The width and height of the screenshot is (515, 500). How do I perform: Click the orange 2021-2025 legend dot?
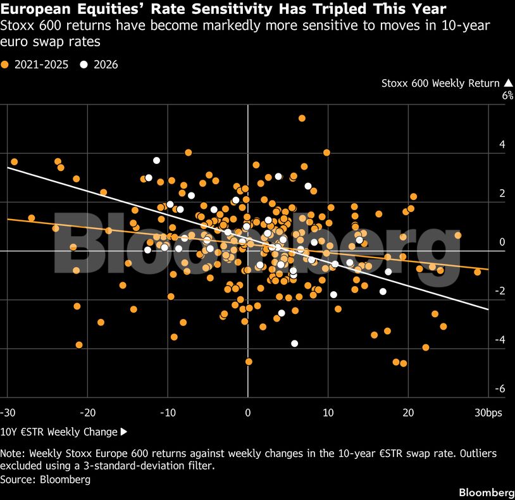(4, 65)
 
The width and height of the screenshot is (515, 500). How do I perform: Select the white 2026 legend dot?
(84, 65)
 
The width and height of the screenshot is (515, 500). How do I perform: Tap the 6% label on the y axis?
(507, 96)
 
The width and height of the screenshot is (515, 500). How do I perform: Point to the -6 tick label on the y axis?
(500, 389)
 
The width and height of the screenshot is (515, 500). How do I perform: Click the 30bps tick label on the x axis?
(488, 413)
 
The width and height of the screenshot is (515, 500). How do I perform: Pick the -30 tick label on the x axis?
(8, 413)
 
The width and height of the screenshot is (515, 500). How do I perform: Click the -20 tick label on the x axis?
(88, 413)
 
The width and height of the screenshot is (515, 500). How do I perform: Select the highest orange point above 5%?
(302, 118)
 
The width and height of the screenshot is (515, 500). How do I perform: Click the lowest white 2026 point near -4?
(295, 344)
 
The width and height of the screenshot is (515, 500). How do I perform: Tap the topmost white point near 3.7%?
(157, 161)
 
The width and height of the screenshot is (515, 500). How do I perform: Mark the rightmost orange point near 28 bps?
(477, 272)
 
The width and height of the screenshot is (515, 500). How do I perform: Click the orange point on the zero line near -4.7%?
(249, 361)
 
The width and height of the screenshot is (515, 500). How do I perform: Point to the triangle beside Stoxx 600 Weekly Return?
(508, 83)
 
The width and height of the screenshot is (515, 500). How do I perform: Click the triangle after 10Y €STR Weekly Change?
(124, 432)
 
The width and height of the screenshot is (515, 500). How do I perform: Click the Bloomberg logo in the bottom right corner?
(487, 492)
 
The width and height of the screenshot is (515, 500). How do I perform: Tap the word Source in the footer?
(18, 479)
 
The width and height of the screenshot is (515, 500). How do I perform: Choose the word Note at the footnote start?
(12, 453)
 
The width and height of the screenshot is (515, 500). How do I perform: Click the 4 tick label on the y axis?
(502, 144)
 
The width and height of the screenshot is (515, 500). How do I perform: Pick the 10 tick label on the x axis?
(328, 413)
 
